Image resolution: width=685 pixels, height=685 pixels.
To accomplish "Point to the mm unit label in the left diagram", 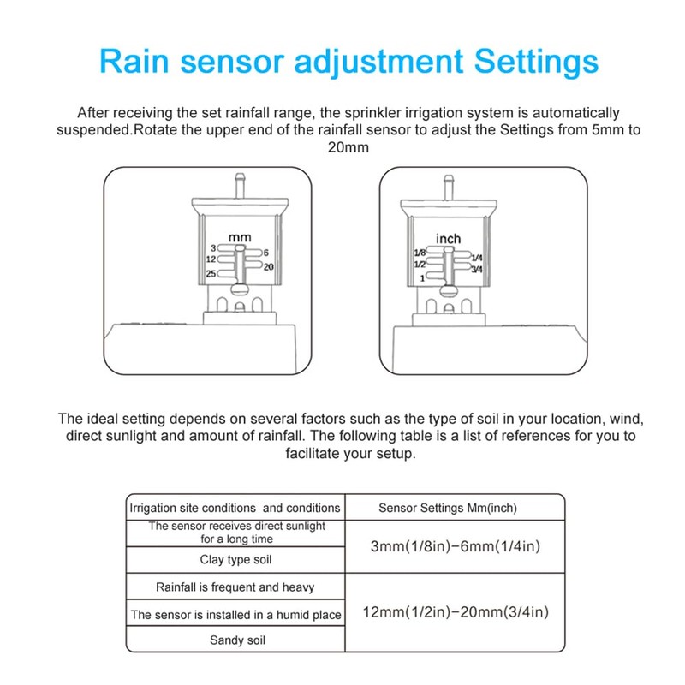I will click(238, 235).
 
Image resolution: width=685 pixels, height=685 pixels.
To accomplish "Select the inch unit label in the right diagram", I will click(448, 238).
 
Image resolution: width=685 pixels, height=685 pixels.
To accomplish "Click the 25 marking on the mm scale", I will click(211, 274).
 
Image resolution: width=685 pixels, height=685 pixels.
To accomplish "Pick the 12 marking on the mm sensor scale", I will click(211, 259).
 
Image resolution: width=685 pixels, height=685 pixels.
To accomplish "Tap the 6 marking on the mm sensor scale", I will click(266, 253).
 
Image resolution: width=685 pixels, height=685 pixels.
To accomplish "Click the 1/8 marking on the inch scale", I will click(419, 253).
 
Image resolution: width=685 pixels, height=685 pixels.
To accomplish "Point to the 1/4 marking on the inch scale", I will click(477, 257).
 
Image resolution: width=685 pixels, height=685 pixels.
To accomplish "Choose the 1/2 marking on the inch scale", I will click(420, 265).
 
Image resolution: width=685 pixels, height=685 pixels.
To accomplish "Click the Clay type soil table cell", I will click(235, 559).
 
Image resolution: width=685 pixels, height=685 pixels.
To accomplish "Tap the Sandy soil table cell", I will click(235, 640).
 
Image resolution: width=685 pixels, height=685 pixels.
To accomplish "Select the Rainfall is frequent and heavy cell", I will click(235, 587).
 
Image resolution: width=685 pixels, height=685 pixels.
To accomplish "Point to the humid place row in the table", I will click(235, 614).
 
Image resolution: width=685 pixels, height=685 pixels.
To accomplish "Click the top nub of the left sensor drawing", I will click(241, 182).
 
